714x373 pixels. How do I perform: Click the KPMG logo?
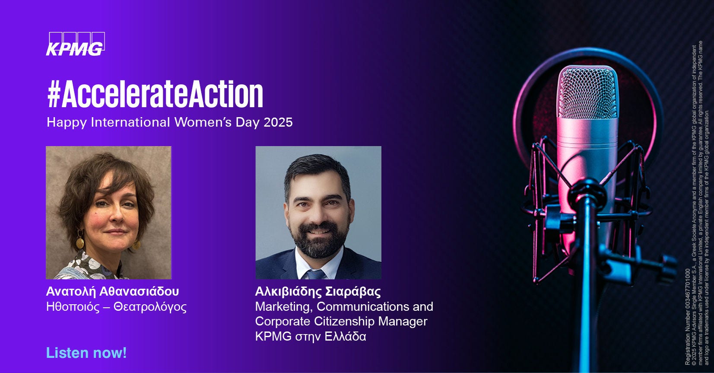(76, 44)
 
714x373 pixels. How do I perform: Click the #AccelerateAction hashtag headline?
(155, 95)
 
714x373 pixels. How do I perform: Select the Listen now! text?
(86, 353)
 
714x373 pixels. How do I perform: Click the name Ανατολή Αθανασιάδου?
(112, 291)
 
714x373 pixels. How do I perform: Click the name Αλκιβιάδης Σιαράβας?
(318, 292)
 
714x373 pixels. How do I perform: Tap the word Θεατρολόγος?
(150, 307)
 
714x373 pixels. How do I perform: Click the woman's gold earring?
(79, 242)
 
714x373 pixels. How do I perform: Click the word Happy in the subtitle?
(67, 123)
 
